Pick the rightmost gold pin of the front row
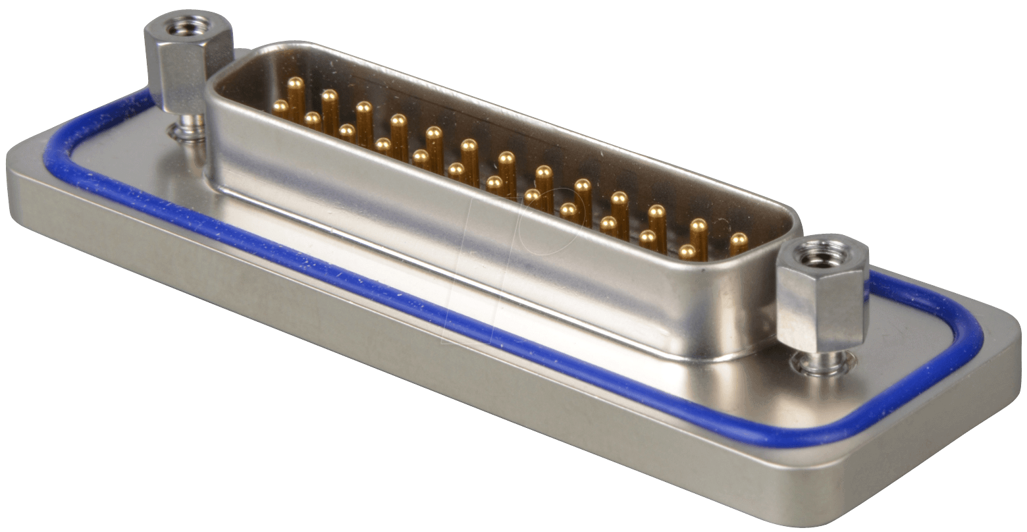coord(687,251)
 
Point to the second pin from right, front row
coord(648,237)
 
